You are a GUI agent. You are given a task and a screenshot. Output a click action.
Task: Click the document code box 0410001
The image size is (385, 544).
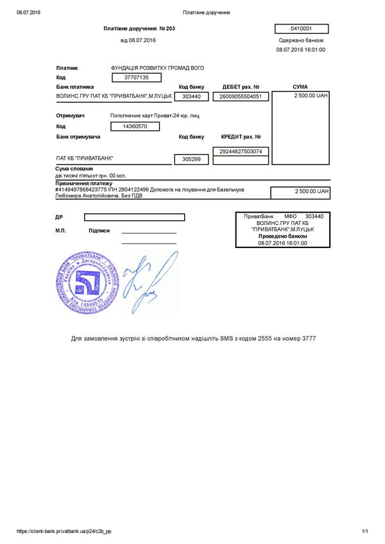click(x=301, y=29)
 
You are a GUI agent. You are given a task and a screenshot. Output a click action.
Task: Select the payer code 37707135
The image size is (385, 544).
click(x=135, y=78)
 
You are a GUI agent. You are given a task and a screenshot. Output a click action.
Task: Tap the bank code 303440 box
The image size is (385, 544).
click(x=192, y=97)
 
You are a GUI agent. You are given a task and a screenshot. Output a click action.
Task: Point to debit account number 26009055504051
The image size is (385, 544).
click(x=241, y=97)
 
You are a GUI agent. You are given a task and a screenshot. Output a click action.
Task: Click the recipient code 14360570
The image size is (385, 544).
click(x=135, y=127)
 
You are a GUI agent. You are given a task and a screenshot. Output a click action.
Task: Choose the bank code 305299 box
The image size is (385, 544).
click(x=192, y=158)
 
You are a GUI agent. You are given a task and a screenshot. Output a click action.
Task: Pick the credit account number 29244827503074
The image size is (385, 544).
click(x=241, y=151)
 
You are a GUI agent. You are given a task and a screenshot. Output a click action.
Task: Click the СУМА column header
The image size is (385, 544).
click(x=300, y=87)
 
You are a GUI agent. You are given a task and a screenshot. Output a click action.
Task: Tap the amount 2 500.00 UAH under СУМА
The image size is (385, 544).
click(x=311, y=95)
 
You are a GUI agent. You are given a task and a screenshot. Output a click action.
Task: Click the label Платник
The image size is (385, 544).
click(x=67, y=67)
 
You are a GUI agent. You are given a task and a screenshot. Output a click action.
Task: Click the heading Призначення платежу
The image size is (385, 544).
click(x=84, y=183)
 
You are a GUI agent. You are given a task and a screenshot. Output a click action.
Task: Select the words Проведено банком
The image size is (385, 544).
click(x=282, y=236)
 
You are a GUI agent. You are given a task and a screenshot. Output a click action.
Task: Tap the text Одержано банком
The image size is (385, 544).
click(x=302, y=40)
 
